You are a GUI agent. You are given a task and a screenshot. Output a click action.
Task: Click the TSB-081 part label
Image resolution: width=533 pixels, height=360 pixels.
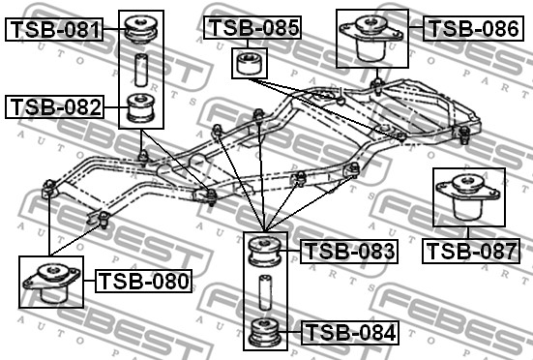[x=55, y=30]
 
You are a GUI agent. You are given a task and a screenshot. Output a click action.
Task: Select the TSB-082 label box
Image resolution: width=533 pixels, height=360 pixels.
[x=55, y=106]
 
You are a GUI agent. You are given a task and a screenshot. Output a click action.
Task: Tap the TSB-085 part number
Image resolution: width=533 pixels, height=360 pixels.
[x=252, y=28]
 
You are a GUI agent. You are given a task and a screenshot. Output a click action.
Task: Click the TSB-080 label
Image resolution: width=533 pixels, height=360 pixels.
[x=144, y=282]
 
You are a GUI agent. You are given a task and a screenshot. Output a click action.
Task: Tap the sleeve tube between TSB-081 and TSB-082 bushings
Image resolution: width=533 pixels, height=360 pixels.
[x=142, y=70]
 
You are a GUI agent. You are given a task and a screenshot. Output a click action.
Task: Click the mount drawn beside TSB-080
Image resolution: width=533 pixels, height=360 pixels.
[x=50, y=283]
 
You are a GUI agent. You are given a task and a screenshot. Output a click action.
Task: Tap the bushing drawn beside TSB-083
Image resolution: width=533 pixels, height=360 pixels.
[x=265, y=252]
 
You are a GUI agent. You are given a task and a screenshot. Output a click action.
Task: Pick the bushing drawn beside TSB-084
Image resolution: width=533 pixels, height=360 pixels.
[x=265, y=332]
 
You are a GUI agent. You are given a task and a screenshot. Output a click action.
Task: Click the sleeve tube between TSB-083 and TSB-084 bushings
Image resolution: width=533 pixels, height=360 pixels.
[x=265, y=292]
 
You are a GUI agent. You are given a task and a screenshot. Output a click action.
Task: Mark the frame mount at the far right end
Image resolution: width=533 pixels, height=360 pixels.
[x=465, y=134]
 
